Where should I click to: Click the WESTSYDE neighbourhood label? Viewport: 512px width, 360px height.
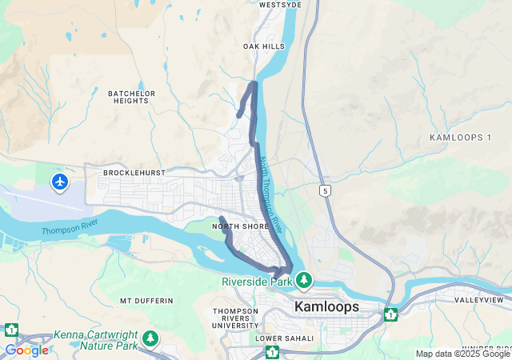click(x=280, y=5)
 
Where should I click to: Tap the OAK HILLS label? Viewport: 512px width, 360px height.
click(x=264, y=47)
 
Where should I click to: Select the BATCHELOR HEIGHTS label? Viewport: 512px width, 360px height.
click(x=130, y=97)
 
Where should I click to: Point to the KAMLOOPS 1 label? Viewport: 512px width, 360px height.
click(x=460, y=138)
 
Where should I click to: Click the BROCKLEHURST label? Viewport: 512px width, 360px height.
click(x=134, y=173)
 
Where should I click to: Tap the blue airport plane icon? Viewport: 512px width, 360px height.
click(x=60, y=182)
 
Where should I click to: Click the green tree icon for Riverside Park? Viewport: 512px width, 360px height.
click(x=304, y=281)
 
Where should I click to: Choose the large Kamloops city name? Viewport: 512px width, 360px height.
click(x=327, y=307)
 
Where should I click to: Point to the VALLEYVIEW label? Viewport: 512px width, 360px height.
click(x=478, y=300)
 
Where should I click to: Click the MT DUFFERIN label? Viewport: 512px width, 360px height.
click(x=146, y=301)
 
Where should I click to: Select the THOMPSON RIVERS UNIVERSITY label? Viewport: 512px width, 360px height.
click(x=235, y=318)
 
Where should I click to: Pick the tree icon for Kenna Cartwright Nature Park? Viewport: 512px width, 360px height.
click(x=150, y=339)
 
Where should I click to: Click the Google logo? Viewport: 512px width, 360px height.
click(x=26, y=350)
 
